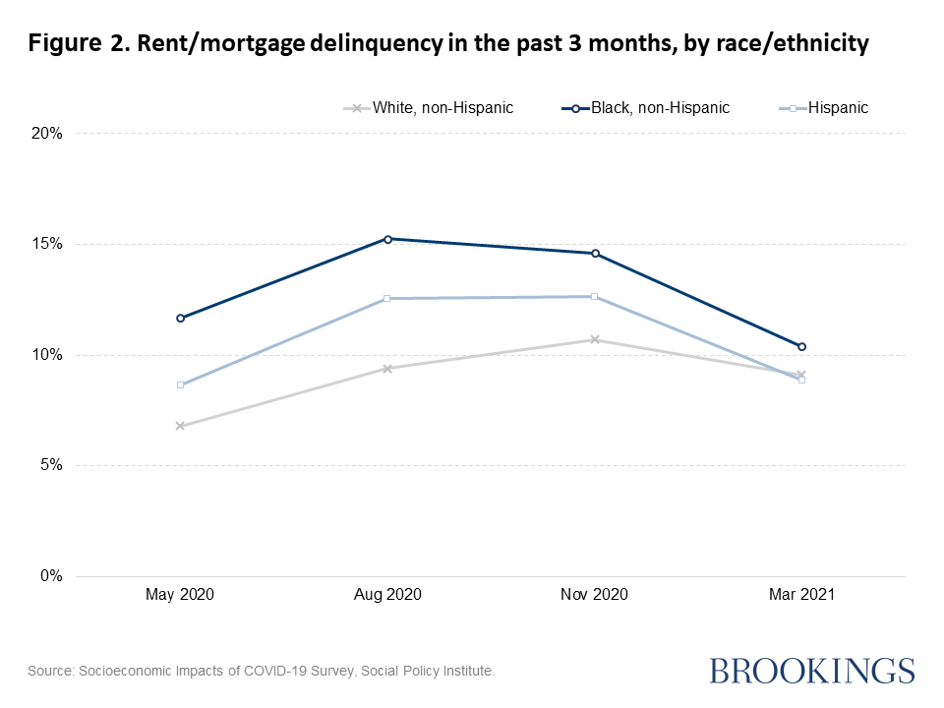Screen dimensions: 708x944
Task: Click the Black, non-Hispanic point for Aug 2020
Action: coord(387,239)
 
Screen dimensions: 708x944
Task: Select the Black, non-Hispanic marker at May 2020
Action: coord(180,319)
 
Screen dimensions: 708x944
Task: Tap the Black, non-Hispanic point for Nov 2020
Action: coord(595,254)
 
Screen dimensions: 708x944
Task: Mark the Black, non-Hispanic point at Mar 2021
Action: coord(802,346)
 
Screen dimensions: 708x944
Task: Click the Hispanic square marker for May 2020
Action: coord(180,384)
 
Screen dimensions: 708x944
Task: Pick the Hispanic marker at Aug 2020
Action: coord(387,298)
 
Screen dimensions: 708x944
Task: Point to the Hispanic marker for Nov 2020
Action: coord(595,296)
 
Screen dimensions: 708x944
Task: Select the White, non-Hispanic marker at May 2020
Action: coord(180,426)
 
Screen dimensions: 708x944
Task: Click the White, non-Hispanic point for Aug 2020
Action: coord(387,369)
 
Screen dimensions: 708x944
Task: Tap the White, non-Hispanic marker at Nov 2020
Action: coord(595,340)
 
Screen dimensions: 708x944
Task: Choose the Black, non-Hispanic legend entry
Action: coord(654,107)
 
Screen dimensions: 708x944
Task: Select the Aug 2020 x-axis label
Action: coord(387,595)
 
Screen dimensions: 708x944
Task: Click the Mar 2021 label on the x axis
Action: coord(802,595)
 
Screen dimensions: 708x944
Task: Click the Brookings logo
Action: coord(811,671)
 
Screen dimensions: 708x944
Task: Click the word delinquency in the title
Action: coord(373,44)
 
